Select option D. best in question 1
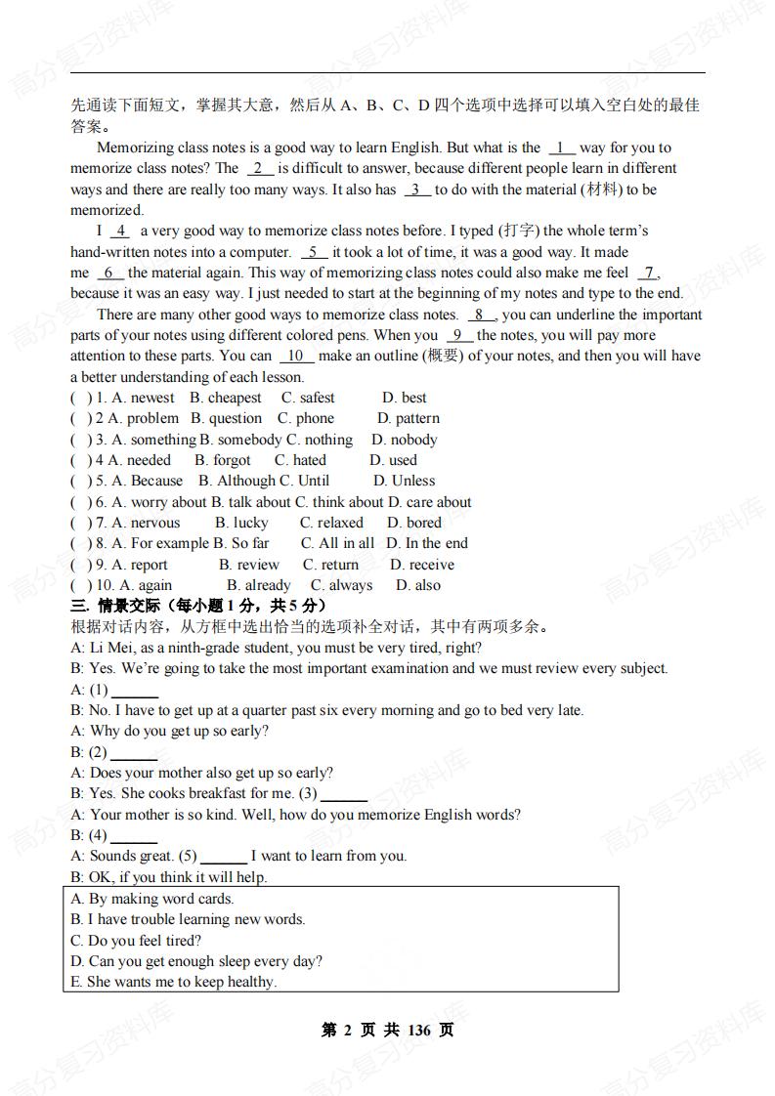(404, 398)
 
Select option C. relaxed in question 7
(331, 523)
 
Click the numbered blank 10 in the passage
(296, 357)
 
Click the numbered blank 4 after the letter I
(119, 232)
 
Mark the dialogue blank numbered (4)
(135, 836)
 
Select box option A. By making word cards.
(152, 899)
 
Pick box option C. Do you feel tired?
(136, 941)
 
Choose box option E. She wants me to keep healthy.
(174, 982)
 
